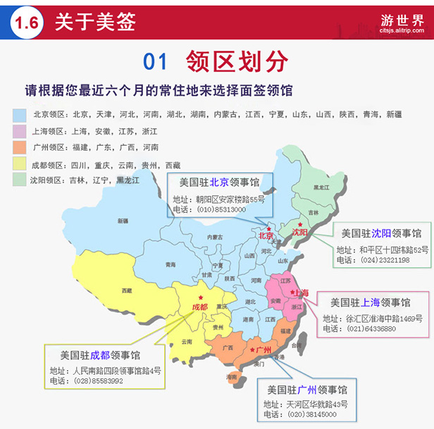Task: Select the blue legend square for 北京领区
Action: click(19, 114)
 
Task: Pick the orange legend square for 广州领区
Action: click(19, 147)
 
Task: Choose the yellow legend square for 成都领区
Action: click(19, 164)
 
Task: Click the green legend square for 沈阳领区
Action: click(19, 180)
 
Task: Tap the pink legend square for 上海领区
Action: click(19, 131)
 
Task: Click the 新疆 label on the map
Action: click(123, 221)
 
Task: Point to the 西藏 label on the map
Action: click(126, 290)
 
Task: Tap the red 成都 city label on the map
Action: click(200, 307)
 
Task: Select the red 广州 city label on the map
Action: click(263, 350)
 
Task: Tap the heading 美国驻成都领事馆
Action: click(99, 355)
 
